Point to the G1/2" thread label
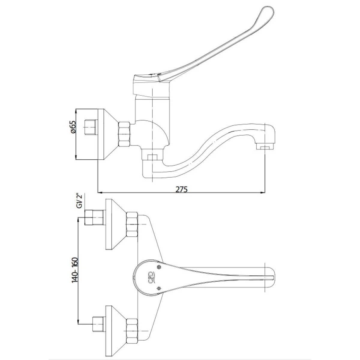point(79,201)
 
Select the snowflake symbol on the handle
point(159,289)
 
